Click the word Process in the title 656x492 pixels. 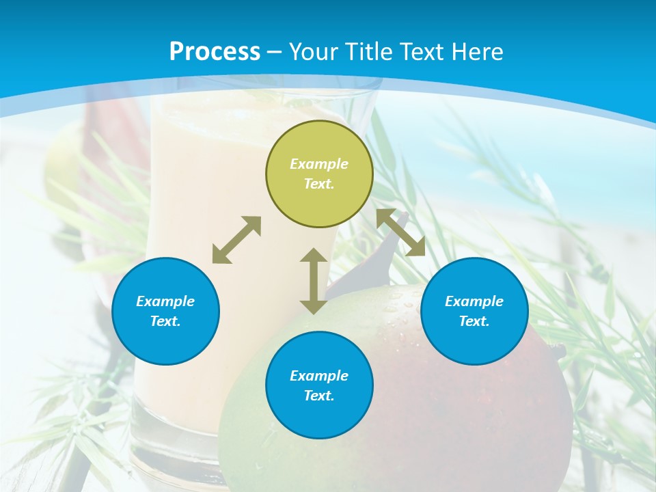[x=215, y=52]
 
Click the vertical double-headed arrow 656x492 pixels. [x=314, y=281]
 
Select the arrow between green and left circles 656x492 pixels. [x=236, y=240]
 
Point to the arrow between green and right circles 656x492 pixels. [x=401, y=232]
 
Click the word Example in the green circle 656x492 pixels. [x=319, y=164]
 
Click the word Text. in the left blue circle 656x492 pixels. [x=165, y=321]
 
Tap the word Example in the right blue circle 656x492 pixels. [x=474, y=301]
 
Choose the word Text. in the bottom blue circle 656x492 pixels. [x=319, y=396]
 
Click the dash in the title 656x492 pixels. [x=275, y=52]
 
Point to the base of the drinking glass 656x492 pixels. [x=171, y=437]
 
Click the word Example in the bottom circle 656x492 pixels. [x=319, y=376]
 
